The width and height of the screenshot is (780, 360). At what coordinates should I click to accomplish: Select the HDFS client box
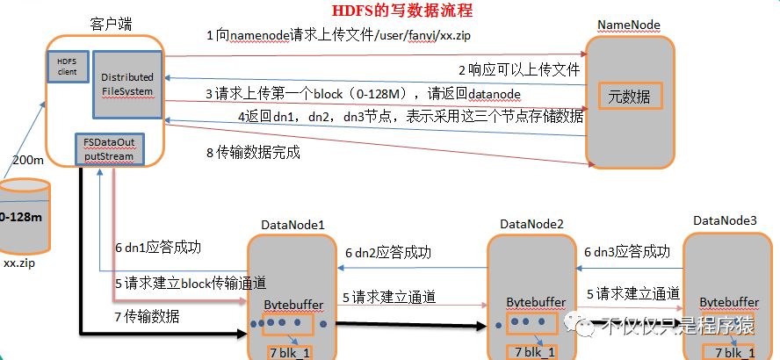coord(68,65)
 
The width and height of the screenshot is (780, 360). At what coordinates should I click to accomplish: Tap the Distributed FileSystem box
coord(126,84)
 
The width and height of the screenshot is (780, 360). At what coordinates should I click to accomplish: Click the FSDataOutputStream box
coord(109,150)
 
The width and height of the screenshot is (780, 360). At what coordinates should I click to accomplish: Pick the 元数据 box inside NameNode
coord(629,97)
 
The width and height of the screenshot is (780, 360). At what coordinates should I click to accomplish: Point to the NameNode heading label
coord(628,25)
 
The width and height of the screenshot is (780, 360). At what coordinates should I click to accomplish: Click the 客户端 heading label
coord(111,21)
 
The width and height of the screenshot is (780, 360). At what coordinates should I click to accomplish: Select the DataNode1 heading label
coord(292,225)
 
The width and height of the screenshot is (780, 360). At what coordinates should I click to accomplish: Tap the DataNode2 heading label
coord(531,225)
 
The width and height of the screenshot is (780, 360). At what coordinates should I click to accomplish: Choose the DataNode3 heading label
coord(724,220)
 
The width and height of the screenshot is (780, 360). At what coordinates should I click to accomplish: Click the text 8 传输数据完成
coord(253,153)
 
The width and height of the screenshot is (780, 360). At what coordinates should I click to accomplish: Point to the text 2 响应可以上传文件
coord(518,69)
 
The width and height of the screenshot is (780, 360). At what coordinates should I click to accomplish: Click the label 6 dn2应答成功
coord(387,252)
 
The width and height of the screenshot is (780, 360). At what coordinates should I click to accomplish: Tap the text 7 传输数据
coord(148,317)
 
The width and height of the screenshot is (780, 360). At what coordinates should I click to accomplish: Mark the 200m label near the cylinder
coord(30,161)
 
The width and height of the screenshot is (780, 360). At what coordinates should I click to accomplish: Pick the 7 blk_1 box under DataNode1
coord(291,351)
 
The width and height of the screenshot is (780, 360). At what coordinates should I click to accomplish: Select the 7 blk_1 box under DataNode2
coord(531,351)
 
